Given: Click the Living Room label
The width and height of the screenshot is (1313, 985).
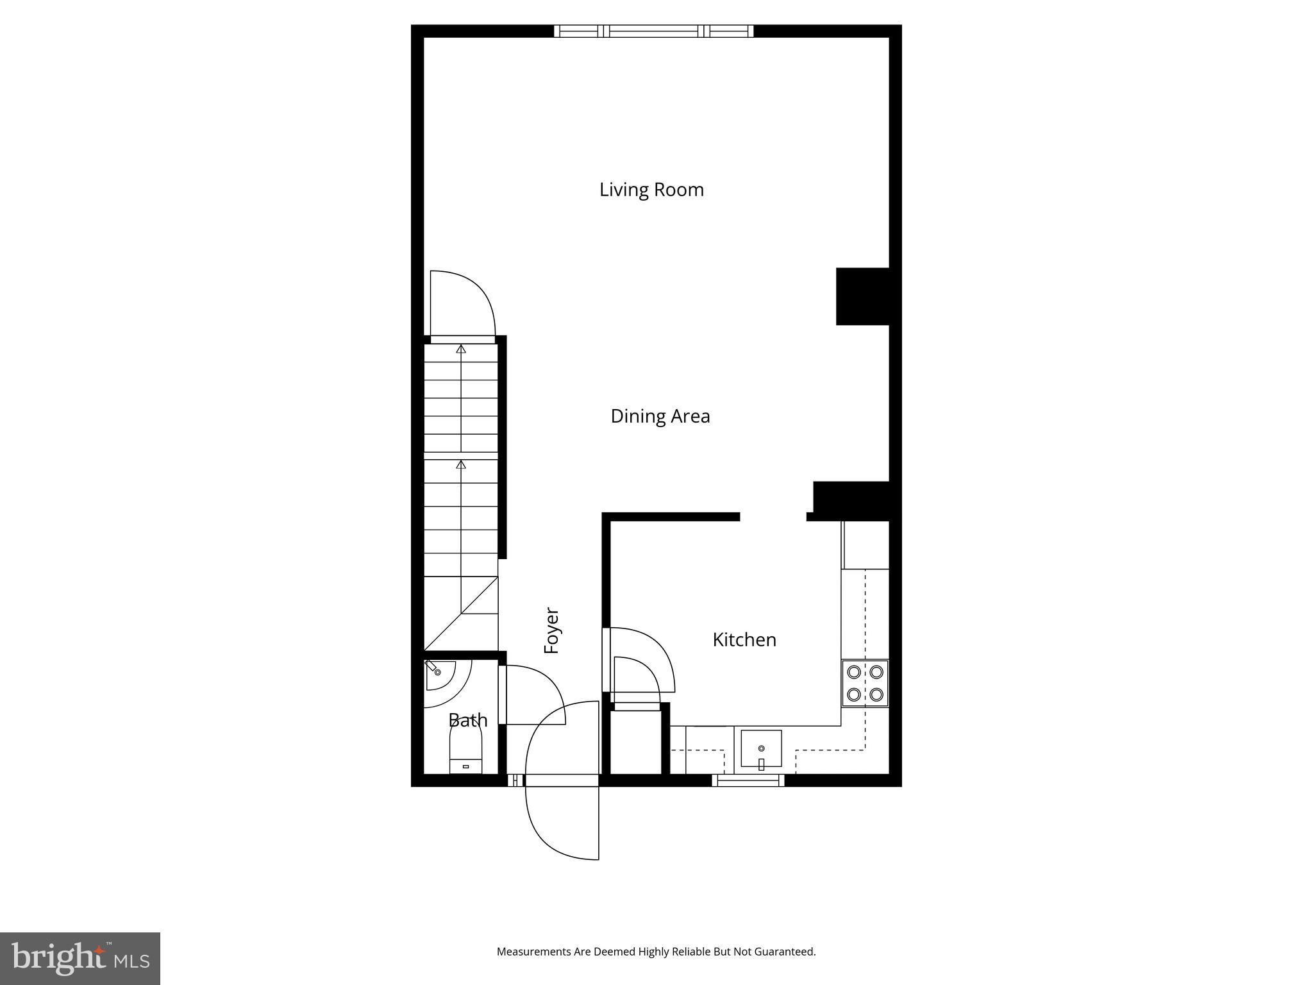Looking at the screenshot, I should point(651,190).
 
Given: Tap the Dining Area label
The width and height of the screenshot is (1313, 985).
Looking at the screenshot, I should point(660,416).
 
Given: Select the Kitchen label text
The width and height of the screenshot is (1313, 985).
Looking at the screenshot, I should point(744,639).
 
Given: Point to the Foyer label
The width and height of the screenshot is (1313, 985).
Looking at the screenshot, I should point(552,630).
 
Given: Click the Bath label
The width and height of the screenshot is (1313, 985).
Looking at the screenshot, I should point(467,720).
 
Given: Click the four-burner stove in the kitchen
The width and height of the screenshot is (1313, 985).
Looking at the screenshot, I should point(865,683).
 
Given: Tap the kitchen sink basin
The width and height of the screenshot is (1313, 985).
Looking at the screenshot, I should point(761,748).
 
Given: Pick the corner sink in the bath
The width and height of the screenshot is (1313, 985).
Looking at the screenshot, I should point(439,673).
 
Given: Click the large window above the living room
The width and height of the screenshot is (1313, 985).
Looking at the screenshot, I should point(653,31).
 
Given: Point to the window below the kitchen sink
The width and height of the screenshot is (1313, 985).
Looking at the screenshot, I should point(748,780).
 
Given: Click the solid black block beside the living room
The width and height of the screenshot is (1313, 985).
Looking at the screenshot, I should point(862,296).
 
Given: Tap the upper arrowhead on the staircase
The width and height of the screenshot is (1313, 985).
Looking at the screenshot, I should point(461,349).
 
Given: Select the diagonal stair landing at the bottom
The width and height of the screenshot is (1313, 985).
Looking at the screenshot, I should point(461,613).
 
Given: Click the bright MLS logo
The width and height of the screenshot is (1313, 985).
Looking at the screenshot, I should point(79,958).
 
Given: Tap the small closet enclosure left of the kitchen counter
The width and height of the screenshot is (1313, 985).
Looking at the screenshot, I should point(635,743).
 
